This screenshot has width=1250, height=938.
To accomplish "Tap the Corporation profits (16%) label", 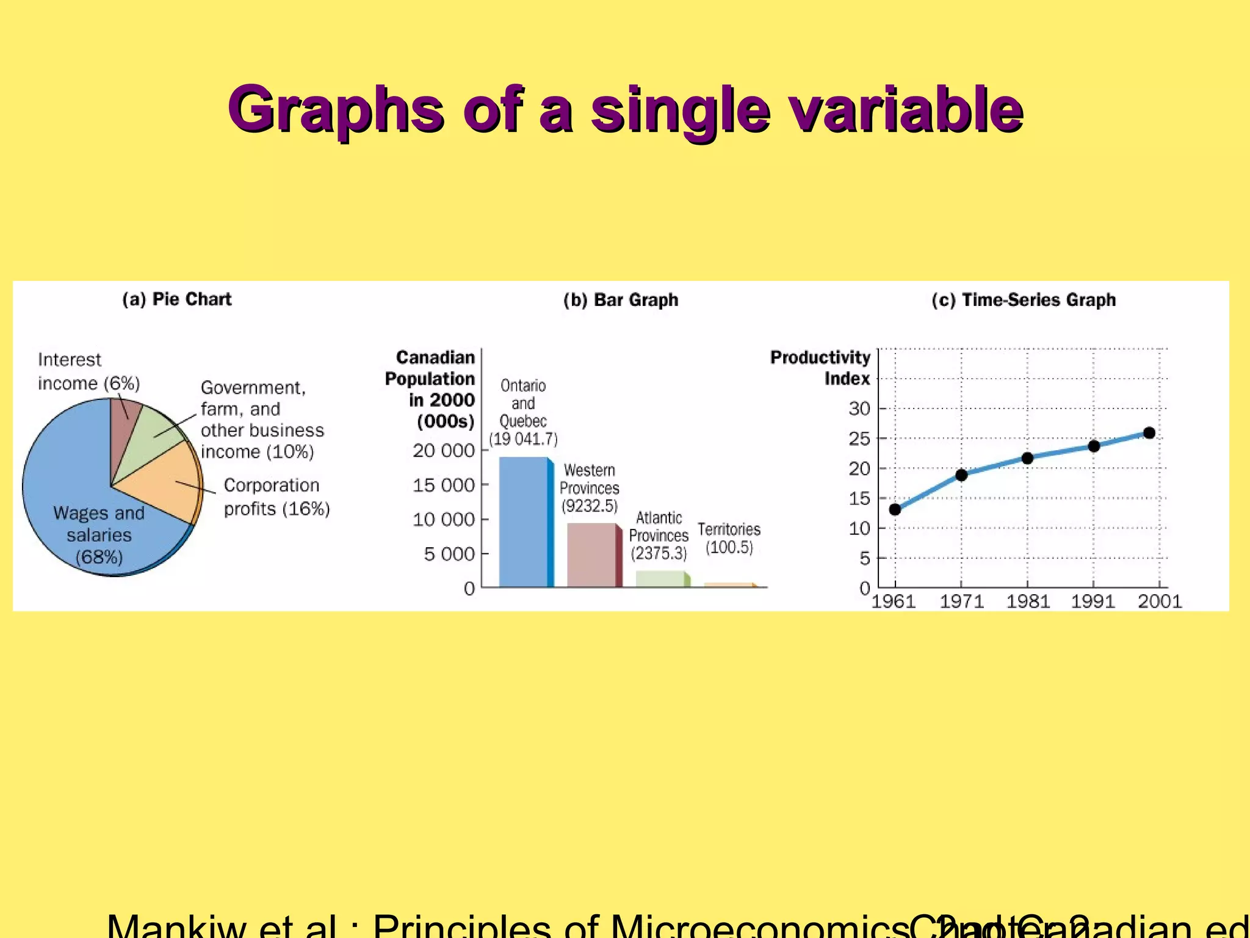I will click(x=276, y=497).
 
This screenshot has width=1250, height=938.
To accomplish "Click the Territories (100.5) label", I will click(x=729, y=538).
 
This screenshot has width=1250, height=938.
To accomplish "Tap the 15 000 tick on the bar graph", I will click(x=444, y=485).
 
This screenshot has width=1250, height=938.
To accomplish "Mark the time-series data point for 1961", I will click(x=895, y=509).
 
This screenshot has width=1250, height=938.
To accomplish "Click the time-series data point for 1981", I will click(x=1027, y=458).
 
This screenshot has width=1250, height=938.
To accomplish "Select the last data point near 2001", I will click(x=1149, y=433).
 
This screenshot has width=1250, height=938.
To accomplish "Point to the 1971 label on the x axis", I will click(x=961, y=602).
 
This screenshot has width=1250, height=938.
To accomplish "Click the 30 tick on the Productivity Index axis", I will click(x=859, y=409).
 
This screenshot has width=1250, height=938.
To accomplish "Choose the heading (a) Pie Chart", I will click(x=177, y=299).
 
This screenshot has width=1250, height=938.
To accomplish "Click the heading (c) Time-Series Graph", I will click(x=1024, y=300).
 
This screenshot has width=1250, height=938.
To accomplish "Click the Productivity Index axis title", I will click(x=821, y=368).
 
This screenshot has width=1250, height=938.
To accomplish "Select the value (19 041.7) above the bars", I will click(x=524, y=439).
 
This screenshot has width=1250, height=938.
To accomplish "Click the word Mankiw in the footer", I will click(x=177, y=927).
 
